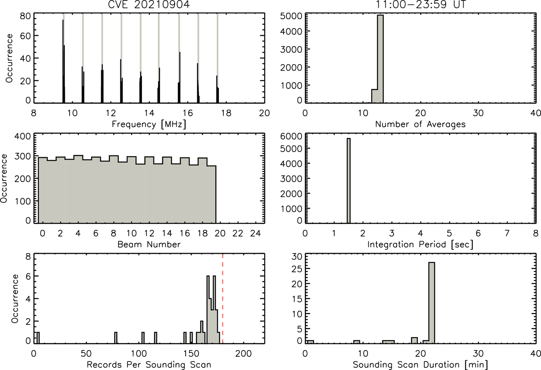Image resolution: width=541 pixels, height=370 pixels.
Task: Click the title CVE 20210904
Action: [x=149, y=4]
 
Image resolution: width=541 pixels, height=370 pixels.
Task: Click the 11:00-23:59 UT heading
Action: [x=421, y=4]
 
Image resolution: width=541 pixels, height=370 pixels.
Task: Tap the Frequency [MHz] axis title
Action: [x=149, y=124]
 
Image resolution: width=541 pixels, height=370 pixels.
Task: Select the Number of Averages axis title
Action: [x=421, y=124]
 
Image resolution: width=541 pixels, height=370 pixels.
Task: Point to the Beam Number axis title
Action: [x=149, y=245]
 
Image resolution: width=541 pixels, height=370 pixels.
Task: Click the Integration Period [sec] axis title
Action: [x=421, y=245]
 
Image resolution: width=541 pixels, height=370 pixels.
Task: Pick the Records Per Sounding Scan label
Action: [x=149, y=365]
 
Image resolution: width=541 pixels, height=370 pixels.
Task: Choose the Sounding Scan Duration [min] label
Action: [x=421, y=365]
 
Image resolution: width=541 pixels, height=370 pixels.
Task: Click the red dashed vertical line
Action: [x=222, y=298]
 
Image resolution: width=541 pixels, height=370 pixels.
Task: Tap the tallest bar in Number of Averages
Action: [x=380, y=59]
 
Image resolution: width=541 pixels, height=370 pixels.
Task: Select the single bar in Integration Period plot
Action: [x=349, y=181]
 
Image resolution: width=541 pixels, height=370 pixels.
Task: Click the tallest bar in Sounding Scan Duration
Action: [x=432, y=303]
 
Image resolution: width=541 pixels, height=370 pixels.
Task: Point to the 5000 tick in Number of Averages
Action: [x=291, y=16]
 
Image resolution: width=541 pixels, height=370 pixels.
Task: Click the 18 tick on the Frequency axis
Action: [x=226, y=113]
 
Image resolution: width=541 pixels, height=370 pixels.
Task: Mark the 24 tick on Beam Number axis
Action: [x=256, y=233]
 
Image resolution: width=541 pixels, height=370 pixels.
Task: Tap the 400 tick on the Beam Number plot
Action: [x=23, y=136]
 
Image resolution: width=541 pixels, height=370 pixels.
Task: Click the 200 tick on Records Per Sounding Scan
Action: [x=243, y=354]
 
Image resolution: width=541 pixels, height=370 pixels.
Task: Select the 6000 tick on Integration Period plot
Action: [x=291, y=136]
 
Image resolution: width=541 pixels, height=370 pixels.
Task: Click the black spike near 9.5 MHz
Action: [x=63, y=61]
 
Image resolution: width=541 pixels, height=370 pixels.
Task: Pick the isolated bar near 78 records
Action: [x=116, y=338]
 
